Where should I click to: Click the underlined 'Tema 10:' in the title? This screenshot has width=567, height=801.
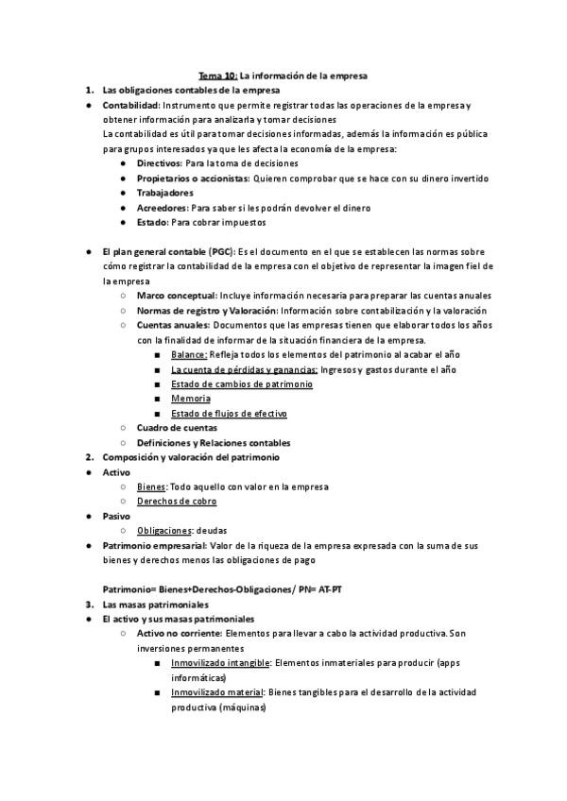[x=217, y=75]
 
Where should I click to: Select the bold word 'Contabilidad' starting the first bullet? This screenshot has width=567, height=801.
[x=130, y=105]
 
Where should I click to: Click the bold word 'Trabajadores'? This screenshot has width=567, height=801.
[x=166, y=193]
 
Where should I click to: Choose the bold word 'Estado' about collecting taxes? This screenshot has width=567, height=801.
[x=151, y=223]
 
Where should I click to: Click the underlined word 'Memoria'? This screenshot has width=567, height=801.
[x=191, y=399]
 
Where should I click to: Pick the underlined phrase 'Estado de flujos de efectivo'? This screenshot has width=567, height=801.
[x=229, y=414]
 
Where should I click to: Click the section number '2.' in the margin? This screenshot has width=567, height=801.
[x=89, y=457]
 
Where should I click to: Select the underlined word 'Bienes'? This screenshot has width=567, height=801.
[x=151, y=486]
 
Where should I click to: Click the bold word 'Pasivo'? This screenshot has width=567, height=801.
[x=116, y=516]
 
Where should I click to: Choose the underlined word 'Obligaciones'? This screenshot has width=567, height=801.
[x=164, y=531]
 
